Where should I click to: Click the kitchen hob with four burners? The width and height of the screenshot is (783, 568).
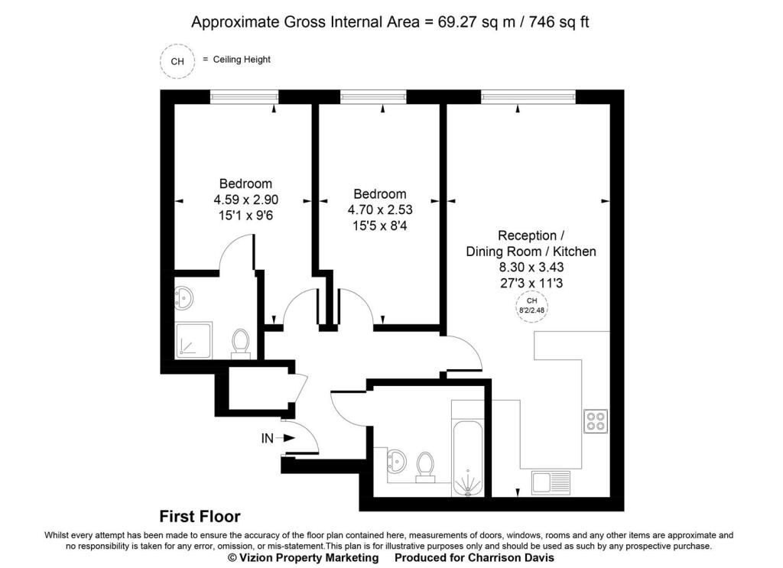[x=596, y=420]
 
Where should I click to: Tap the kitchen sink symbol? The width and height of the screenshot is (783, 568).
[x=551, y=482]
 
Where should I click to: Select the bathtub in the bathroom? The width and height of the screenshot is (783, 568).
[x=468, y=448]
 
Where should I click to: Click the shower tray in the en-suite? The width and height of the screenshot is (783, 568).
[x=193, y=340]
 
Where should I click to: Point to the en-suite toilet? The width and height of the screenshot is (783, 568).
[x=241, y=343]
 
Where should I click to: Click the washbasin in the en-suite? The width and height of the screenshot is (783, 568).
[x=184, y=298]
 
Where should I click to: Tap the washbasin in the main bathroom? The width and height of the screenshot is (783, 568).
[x=397, y=460]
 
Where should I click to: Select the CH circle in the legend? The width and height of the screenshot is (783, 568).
[x=177, y=61]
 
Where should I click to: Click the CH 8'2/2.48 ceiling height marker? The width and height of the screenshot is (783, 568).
[x=531, y=306]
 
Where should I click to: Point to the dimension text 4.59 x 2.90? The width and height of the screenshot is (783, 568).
[x=245, y=200]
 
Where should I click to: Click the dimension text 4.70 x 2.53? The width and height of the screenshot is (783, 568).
[x=380, y=209]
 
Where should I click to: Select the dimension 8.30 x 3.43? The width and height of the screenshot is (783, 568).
[x=531, y=267]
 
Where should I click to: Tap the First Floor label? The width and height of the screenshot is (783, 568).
[x=200, y=516]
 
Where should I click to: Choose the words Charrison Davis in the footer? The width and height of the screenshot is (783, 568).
[x=511, y=557]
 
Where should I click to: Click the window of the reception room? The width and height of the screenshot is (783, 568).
[x=528, y=97]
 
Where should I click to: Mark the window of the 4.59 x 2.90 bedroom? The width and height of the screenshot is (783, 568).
[x=244, y=97]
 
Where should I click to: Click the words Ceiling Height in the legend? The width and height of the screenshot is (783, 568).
[x=242, y=60]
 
